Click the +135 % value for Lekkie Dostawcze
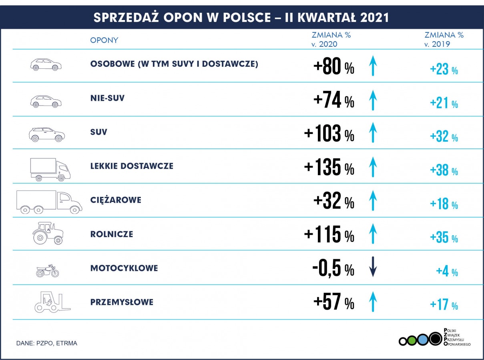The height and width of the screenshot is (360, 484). [x=329, y=168]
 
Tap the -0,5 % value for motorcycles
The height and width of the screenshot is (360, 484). [x=333, y=269]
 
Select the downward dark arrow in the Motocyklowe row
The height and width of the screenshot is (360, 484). [x=373, y=267]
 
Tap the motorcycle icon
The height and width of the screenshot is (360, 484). [x=48, y=271]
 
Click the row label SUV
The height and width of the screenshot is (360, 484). [x=99, y=132]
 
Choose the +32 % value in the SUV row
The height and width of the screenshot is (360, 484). [x=444, y=137]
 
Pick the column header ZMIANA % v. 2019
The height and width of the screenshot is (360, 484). [x=444, y=39]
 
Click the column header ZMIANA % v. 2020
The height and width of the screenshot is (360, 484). [x=331, y=39]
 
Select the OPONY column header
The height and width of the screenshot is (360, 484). [x=104, y=40]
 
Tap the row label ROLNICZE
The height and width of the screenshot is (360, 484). [x=112, y=234]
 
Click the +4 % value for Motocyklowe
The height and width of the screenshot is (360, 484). [x=447, y=272]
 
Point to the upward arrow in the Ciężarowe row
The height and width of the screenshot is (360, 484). [x=373, y=201]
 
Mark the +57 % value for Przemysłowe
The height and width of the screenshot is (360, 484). [x=333, y=302]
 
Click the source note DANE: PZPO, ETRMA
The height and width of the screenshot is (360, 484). [x=47, y=343]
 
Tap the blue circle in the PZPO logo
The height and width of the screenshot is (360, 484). [x=422, y=340]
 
